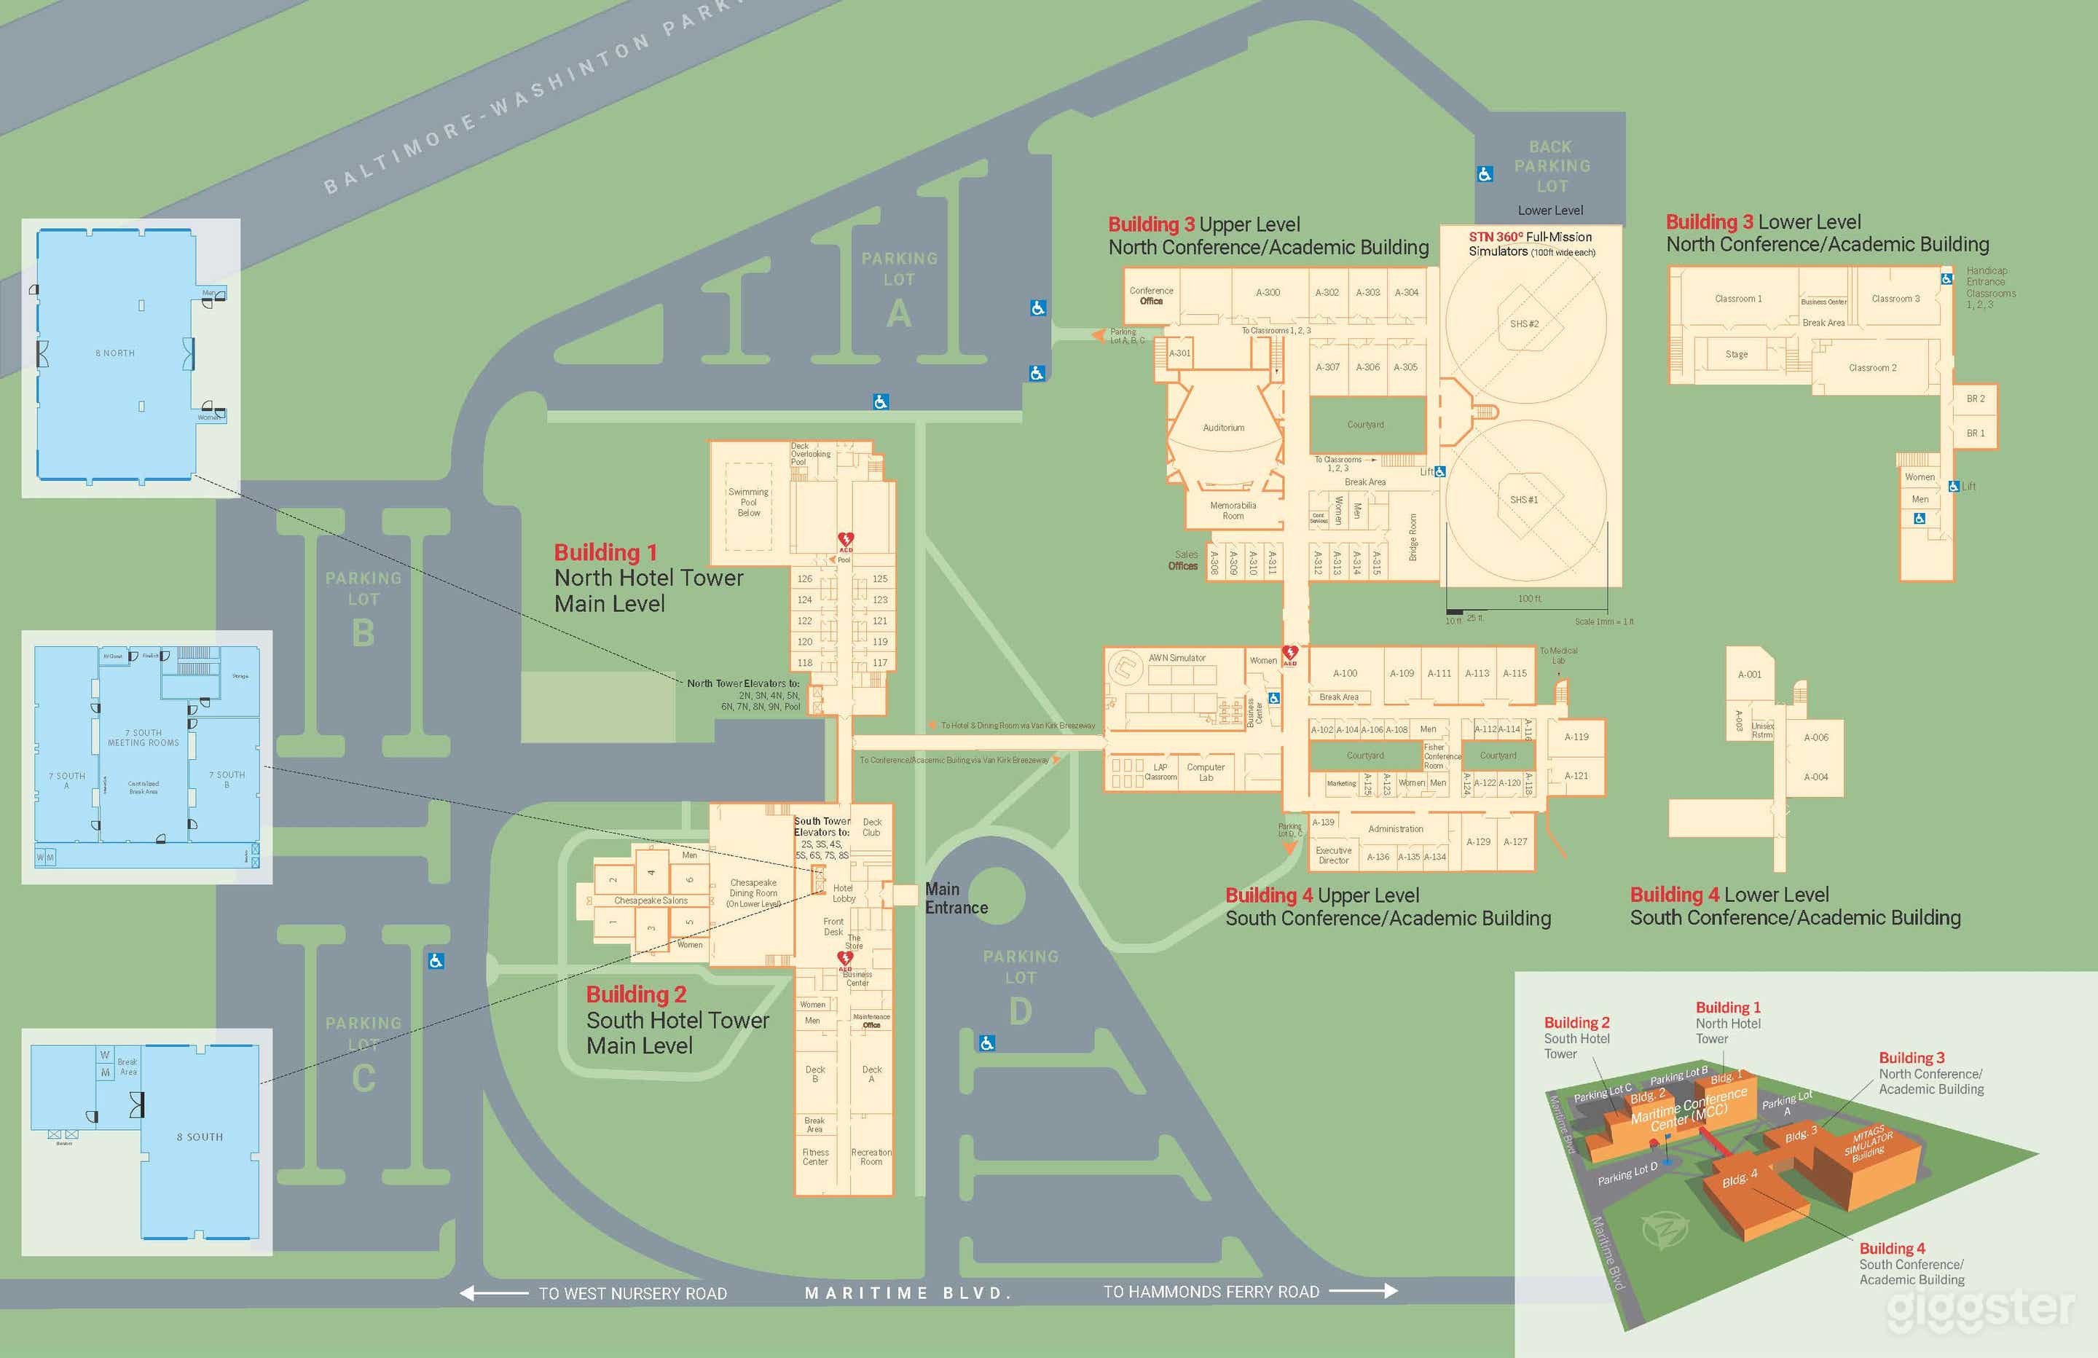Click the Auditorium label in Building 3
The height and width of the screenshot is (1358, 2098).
click(1224, 428)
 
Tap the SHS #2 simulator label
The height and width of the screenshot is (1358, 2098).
click(1524, 323)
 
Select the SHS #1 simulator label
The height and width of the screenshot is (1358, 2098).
click(1523, 500)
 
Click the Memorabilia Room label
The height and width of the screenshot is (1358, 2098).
click(1233, 511)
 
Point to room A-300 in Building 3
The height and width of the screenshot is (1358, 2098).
click(1268, 292)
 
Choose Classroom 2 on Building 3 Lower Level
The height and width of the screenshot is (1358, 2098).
click(1872, 368)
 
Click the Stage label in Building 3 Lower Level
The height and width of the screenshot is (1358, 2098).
click(1737, 355)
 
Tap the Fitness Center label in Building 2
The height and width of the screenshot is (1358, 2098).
click(815, 1157)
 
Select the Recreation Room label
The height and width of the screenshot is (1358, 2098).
click(871, 1157)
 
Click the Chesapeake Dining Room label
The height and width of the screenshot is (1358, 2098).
click(754, 892)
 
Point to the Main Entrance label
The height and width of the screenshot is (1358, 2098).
click(956, 898)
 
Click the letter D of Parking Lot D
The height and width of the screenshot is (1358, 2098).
click(1020, 1011)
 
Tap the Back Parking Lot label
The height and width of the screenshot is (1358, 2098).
click(1552, 167)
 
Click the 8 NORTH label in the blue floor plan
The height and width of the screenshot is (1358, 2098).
click(116, 353)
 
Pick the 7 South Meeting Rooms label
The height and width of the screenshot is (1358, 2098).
click(144, 738)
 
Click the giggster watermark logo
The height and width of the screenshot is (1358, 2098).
click(1981, 1308)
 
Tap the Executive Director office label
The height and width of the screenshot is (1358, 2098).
click(1334, 855)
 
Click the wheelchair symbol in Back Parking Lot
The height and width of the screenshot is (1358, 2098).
click(1485, 175)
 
